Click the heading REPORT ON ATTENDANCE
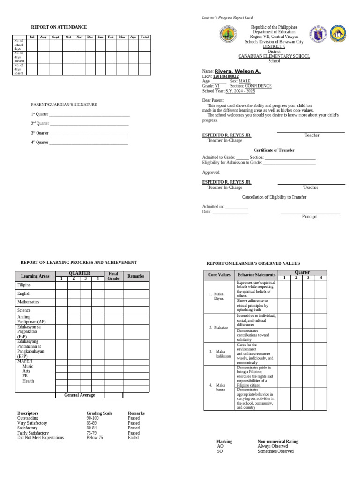coord(59,27)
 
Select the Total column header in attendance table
coord(145,37)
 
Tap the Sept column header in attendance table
coord(56,37)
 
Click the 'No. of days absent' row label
coord(19,69)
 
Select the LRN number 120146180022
coord(225,76)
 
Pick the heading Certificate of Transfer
coord(274,150)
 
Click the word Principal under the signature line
coord(310,217)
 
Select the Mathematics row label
coord(28,302)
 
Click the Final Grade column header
coord(113,276)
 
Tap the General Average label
coord(80,395)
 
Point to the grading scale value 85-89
coord(93,423)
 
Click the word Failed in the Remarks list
coord(134,438)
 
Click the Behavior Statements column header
coord(256,274)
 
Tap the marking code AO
coord(220,446)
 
